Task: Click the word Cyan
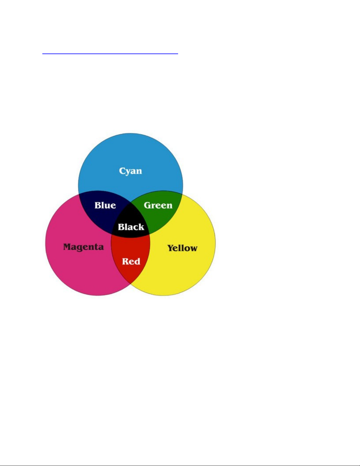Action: pyautogui.click(x=130, y=171)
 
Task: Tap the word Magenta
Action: pyautogui.click(x=83, y=247)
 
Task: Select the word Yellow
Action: pyautogui.click(x=182, y=248)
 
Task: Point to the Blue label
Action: pyautogui.click(x=105, y=205)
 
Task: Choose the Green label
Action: pyautogui.click(x=158, y=205)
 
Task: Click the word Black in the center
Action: pyautogui.click(x=131, y=227)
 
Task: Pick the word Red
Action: pyautogui.click(x=131, y=261)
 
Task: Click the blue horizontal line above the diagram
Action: pyautogui.click(x=110, y=54)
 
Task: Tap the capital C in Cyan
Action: pyautogui.click(x=122, y=171)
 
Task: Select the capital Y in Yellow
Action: pyautogui.click(x=171, y=248)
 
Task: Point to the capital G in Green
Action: pyautogui.click(x=148, y=205)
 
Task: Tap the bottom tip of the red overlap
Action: pyautogui.click(x=130, y=284)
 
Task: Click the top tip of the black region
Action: pyautogui.click(x=130, y=202)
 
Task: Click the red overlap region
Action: pyautogui.click(x=130, y=257)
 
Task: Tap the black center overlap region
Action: pyautogui.click(x=130, y=223)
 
